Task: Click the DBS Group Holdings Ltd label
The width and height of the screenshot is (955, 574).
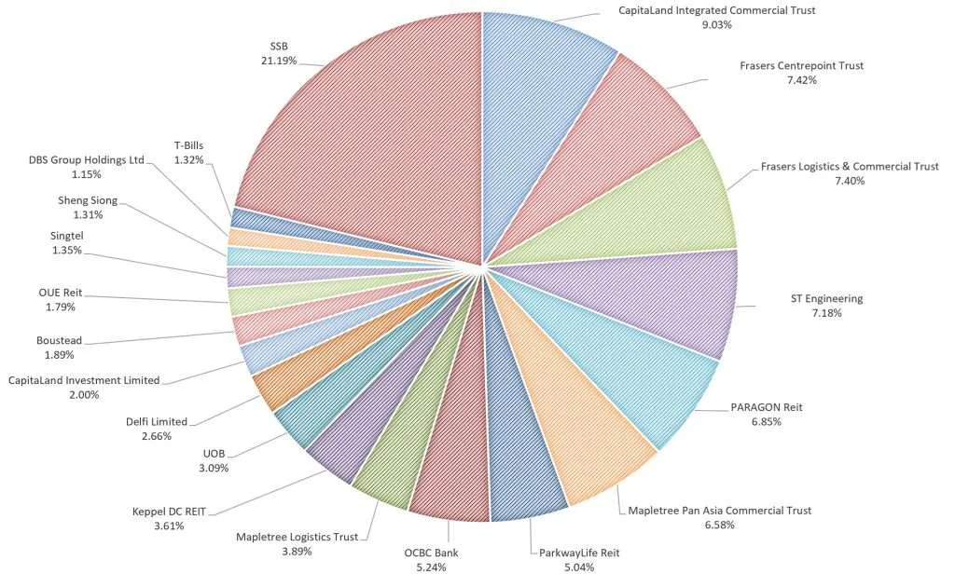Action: (86, 159)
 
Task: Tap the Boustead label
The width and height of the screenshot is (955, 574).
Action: (62, 340)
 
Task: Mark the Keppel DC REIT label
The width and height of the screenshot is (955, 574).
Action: (171, 511)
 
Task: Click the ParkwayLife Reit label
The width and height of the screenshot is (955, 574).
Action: (578, 553)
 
